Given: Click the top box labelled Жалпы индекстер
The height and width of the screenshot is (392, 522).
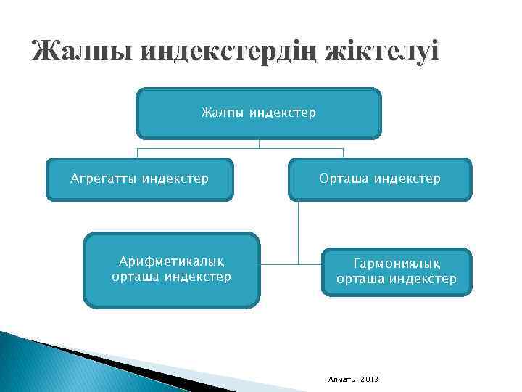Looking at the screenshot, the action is (x=259, y=113).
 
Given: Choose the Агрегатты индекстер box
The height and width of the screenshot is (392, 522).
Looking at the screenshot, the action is (x=139, y=179).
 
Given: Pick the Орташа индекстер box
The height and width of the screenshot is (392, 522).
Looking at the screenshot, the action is (x=380, y=179).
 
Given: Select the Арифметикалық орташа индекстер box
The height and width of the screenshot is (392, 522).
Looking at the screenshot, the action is (x=172, y=269).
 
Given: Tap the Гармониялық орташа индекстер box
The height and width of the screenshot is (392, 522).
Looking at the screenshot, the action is (x=397, y=271).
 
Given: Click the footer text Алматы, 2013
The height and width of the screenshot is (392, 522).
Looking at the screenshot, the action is (x=354, y=380).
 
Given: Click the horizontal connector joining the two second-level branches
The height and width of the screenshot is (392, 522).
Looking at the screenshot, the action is (x=240, y=148).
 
